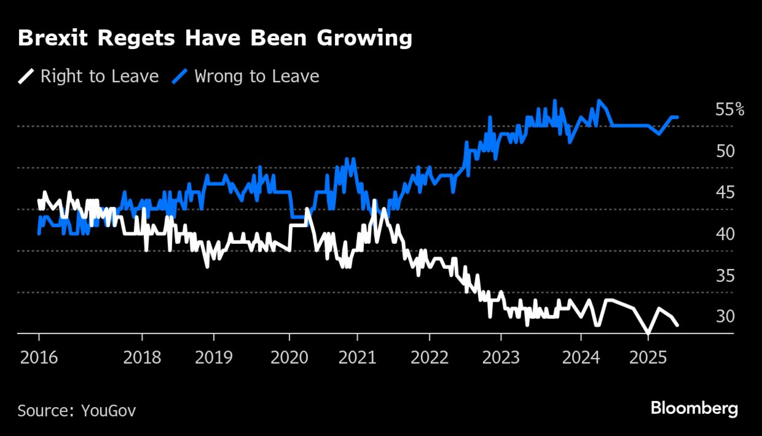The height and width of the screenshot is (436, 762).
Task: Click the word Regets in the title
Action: (x=136, y=38)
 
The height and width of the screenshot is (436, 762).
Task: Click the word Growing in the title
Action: (x=364, y=38)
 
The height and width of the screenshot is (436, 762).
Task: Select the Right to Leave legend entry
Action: (x=99, y=76)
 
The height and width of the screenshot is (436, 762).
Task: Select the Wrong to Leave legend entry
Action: (x=256, y=76)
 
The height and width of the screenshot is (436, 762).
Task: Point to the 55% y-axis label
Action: (x=729, y=109)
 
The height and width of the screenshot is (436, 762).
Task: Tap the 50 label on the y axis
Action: (x=725, y=151)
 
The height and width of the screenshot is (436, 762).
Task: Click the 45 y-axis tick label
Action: (x=725, y=192)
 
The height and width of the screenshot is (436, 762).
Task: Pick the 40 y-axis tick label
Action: (x=725, y=234)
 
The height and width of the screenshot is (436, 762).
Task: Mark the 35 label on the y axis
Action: (x=725, y=276)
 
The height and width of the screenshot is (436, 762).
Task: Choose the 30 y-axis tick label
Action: (x=725, y=316)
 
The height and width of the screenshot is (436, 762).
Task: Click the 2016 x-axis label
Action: (x=39, y=358)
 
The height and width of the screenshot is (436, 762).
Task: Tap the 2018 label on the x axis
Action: (x=142, y=358)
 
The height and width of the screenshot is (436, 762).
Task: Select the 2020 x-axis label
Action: (x=289, y=358)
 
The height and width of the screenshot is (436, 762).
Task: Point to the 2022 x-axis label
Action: (x=429, y=358)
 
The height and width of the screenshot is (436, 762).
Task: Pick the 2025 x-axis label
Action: (x=648, y=358)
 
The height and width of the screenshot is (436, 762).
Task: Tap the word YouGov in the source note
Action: (x=109, y=411)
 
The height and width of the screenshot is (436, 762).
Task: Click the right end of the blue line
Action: (x=677, y=117)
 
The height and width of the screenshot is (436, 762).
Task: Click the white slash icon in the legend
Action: (x=26, y=76)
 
